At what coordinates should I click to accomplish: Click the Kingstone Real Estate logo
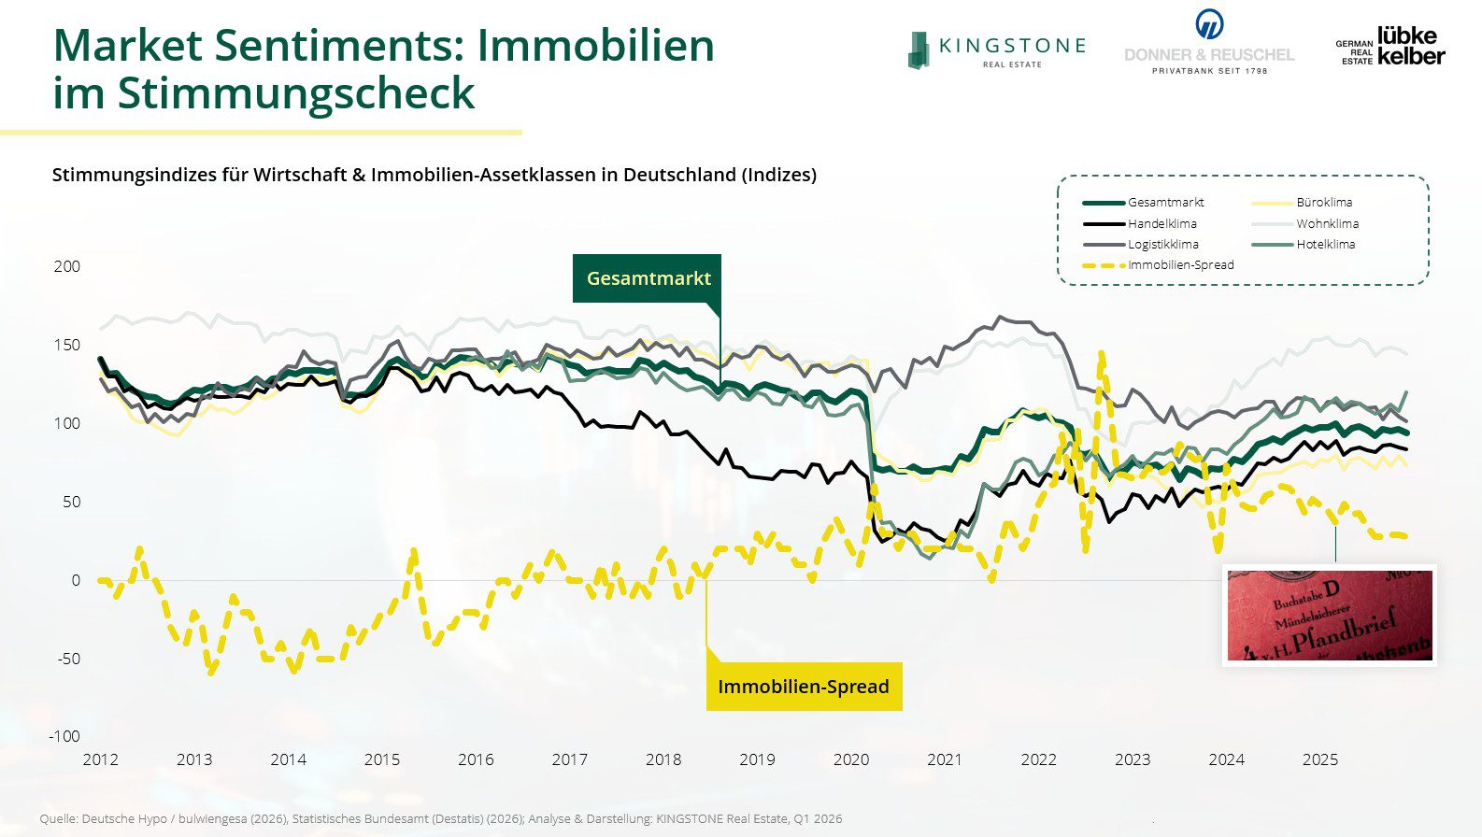click(996, 50)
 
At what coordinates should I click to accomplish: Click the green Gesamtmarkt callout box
click(648, 278)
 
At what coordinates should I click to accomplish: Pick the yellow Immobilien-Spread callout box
click(804, 687)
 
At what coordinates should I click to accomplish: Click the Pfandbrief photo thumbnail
click(1329, 615)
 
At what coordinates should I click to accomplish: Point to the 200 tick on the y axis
click(67, 266)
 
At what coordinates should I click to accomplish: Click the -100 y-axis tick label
click(64, 736)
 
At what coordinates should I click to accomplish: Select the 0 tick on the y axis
click(76, 580)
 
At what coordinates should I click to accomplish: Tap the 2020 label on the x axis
click(850, 759)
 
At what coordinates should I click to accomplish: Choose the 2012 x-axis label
click(101, 759)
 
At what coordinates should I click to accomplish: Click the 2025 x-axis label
click(1319, 759)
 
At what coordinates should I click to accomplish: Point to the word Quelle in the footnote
click(58, 819)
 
